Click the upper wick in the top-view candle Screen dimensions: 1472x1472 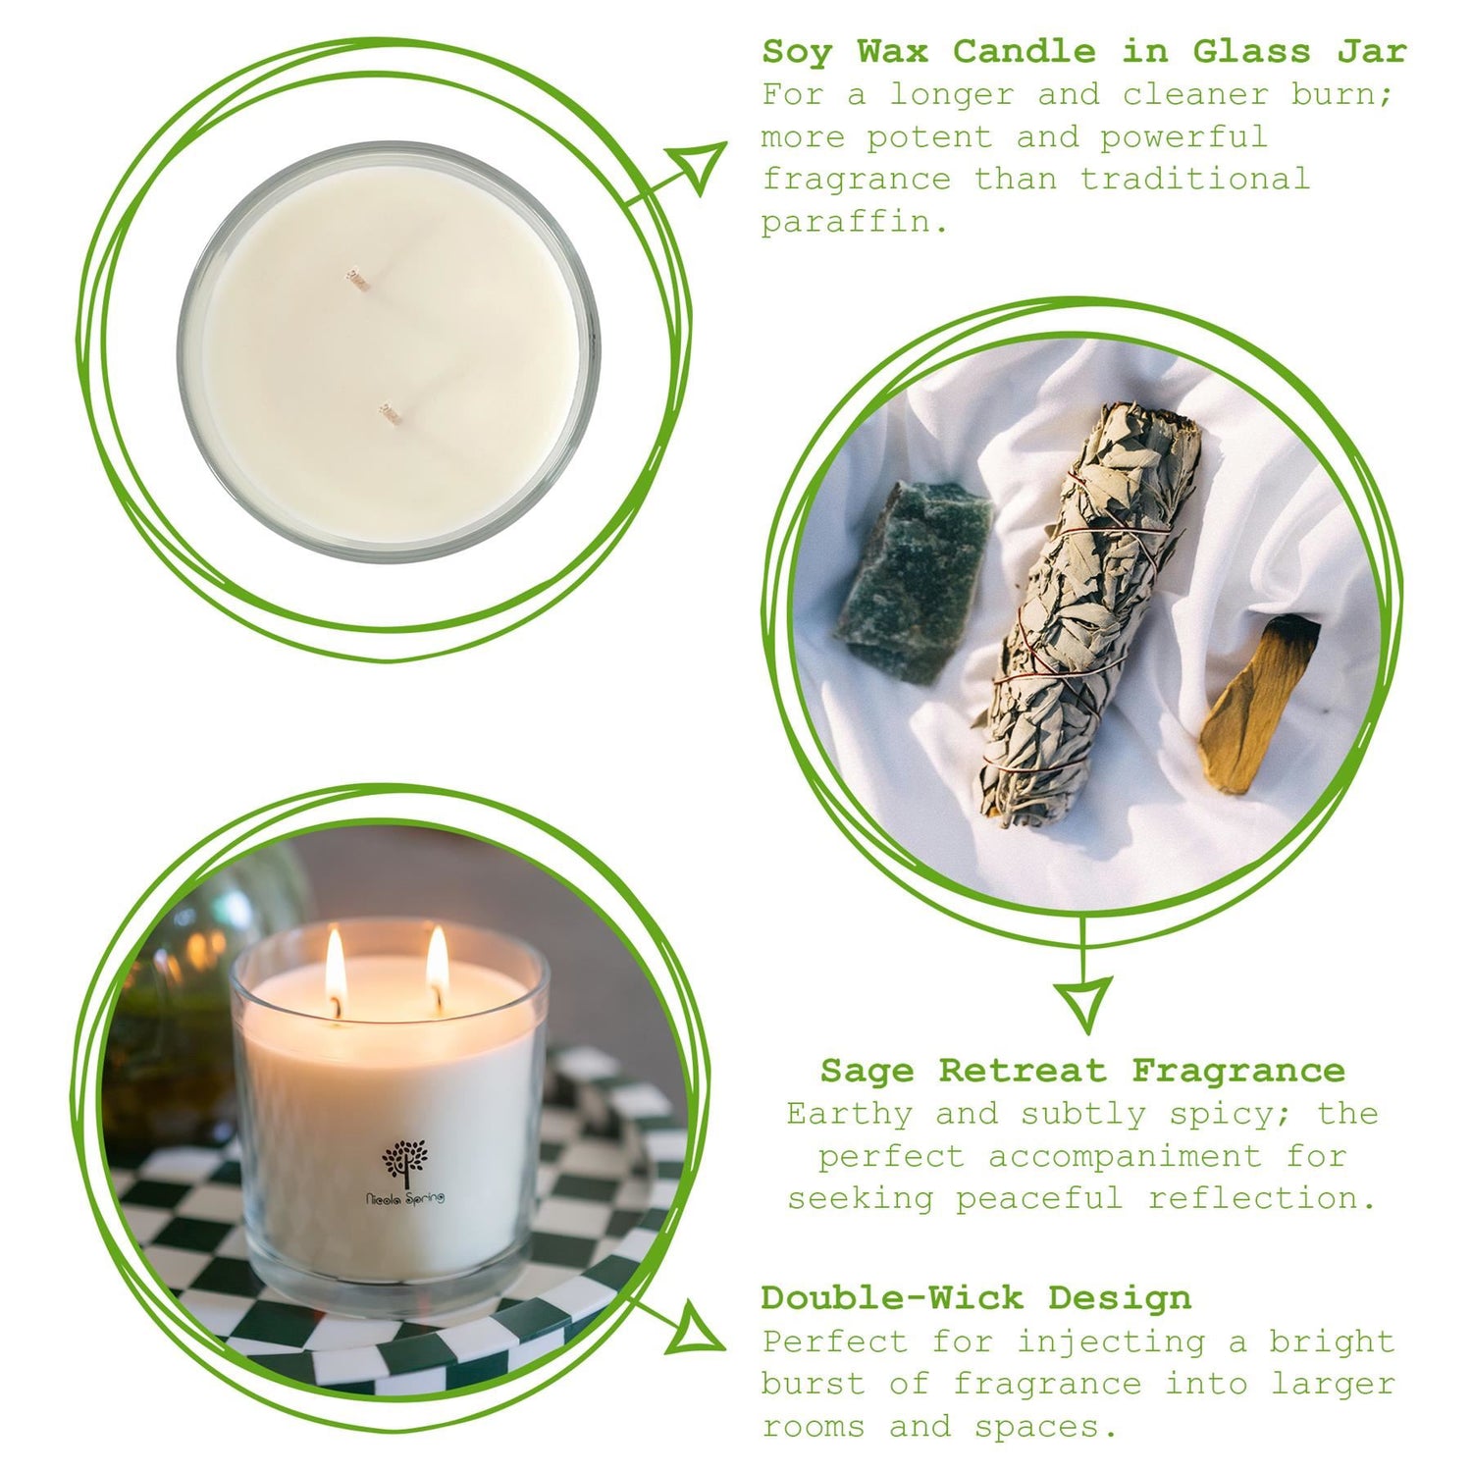pyautogui.click(x=356, y=279)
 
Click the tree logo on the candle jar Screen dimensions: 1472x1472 pyautogui.click(x=405, y=1161)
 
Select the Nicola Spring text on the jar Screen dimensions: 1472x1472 pyautogui.click(x=404, y=1198)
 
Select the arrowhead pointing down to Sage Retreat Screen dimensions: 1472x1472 pyautogui.click(x=1083, y=1001)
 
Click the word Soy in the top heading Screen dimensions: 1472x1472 pyautogui.click(x=796, y=52)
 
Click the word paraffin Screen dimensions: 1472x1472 pyautogui.click(x=855, y=223)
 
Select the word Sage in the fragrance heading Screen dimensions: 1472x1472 pyautogui.click(x=867, y=1071)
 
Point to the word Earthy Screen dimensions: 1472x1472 pyautogui.click(x=850, y=1115)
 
